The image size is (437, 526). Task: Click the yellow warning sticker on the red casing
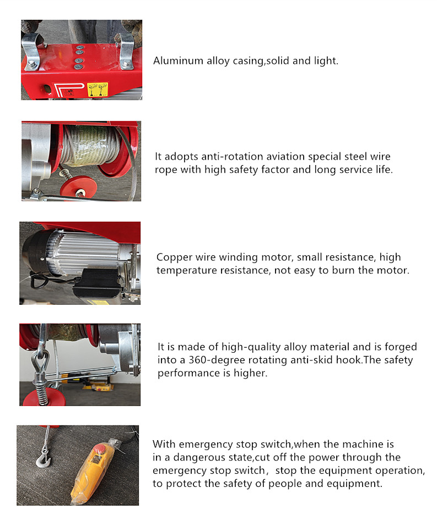[x=98, y=90]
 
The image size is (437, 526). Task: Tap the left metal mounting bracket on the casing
[x=33, y=51]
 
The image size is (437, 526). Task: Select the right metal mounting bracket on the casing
[x=126, y=50]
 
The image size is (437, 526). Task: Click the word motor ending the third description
[x=395, y=270]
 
